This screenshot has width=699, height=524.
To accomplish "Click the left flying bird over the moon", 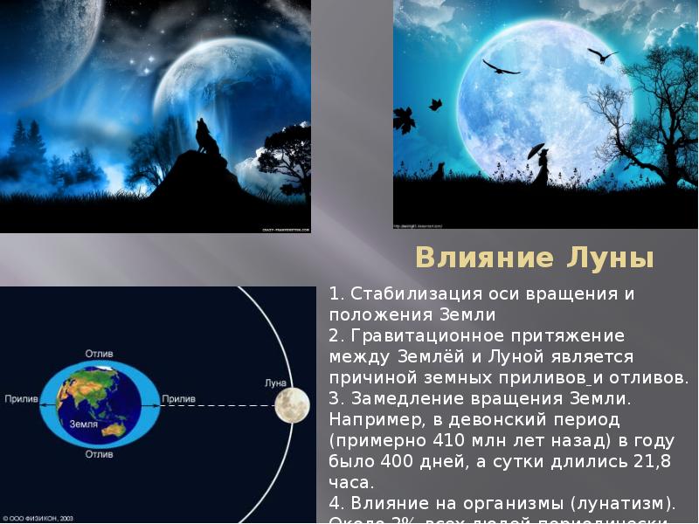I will [501, 66].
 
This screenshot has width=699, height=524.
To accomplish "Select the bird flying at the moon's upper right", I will [602, 55].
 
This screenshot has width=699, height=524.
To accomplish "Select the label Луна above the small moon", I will [275, 383].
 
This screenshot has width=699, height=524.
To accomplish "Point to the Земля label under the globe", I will [84, 424].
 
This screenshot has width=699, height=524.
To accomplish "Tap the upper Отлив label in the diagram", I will [99, 354].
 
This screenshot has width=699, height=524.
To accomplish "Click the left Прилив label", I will [21, 399].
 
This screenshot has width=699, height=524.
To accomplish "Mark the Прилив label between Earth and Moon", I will [178, 399].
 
